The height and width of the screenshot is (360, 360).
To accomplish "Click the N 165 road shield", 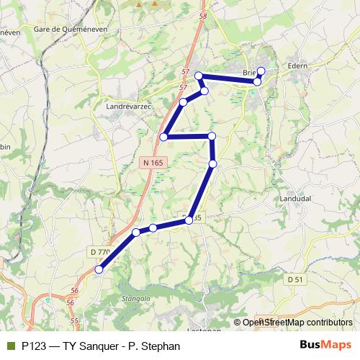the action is [x=152, y=163].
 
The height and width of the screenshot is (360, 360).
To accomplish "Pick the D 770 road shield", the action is [x=100, y=252].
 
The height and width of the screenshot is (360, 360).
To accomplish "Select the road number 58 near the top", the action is [x=202, y=16].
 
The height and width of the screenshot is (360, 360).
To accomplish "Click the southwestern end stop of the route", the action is [x=99, y=270].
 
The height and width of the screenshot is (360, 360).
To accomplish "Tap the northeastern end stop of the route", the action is [x=261, y=71].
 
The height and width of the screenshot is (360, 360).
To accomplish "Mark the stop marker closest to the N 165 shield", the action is [x=164, y=137].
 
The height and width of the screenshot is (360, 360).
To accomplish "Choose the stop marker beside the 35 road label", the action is [x=189, y=220].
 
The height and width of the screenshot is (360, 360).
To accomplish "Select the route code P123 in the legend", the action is [x=37, y=346].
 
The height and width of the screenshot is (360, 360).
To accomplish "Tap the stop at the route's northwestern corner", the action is [x=199, y=76].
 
